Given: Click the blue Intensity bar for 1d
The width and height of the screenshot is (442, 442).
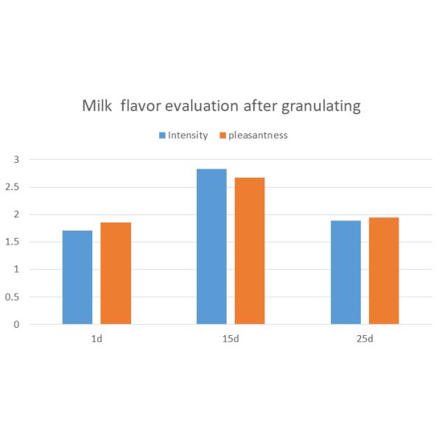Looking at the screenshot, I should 77,278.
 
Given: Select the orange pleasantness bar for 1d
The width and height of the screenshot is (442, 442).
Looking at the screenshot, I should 116,273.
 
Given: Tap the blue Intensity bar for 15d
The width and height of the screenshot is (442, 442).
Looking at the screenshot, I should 211,247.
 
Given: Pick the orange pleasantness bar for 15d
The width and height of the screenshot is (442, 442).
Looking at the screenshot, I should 250,251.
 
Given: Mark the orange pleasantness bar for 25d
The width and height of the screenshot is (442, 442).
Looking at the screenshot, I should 384,271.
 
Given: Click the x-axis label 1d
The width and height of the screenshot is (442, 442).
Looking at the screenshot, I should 97,340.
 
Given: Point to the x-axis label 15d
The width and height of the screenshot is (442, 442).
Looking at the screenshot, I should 231,340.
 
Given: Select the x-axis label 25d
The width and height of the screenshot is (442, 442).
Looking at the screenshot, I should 365,340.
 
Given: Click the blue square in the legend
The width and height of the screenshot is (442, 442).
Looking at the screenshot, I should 162,136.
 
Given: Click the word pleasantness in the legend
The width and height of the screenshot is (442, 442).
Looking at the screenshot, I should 257,136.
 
